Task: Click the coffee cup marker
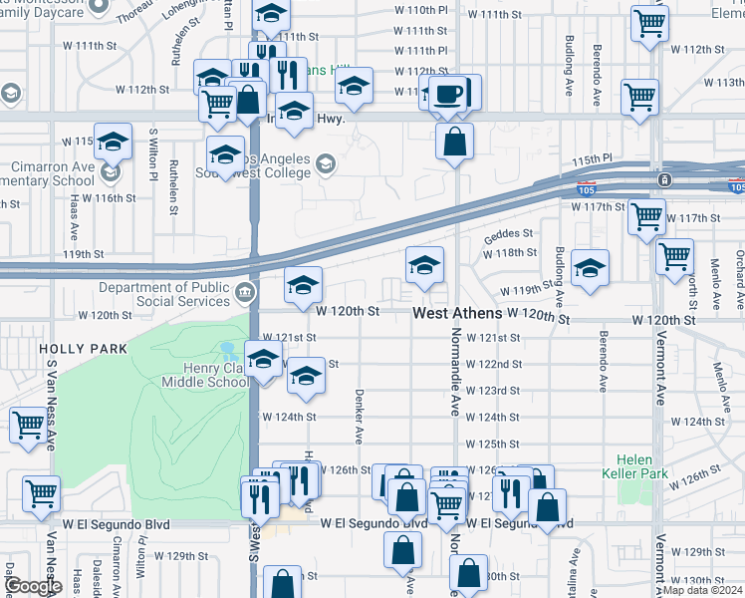(449, 93)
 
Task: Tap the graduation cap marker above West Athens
(424, 266)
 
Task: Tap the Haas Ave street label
(75, 217)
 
